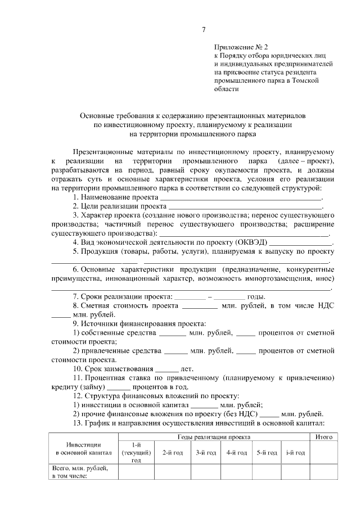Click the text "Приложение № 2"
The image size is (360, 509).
tap(237, 49)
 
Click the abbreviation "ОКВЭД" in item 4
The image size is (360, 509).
tap(253, 242)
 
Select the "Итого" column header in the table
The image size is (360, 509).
tap(323, 437)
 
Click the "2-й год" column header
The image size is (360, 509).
tap(172, 452)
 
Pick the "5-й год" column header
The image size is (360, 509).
tap(267, 452)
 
